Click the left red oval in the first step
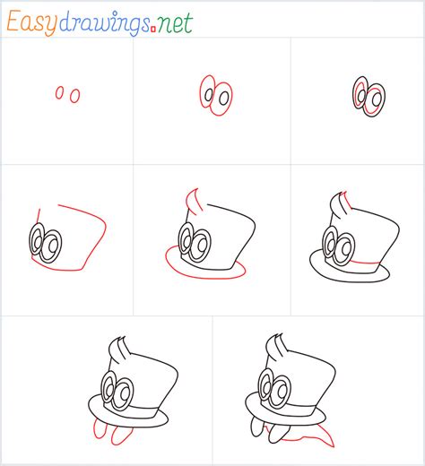pos(60,92)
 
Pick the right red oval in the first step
pos(74,94)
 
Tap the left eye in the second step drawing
pos(208,93)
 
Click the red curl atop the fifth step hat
pos(190,198)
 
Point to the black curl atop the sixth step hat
pos(339,199)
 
